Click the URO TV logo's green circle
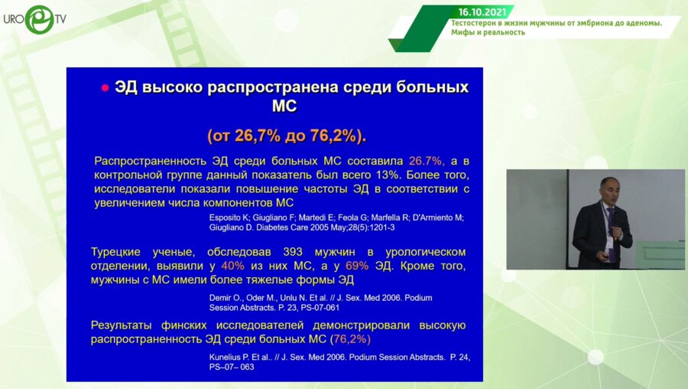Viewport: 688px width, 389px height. pos(40,19)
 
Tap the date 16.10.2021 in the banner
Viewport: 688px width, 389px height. pos(482,12)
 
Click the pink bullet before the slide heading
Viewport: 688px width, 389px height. pos(105,88)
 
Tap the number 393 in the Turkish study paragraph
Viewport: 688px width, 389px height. pos(293,252)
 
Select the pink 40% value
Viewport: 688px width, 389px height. pos(233,266)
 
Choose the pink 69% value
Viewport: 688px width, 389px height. pos(357,266)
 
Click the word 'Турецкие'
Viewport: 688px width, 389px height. pos(115,252)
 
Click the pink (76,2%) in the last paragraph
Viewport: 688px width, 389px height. pos(350,339)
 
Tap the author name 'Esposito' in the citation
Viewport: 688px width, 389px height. pos(225,217)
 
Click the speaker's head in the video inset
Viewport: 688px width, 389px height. pos(608,189)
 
